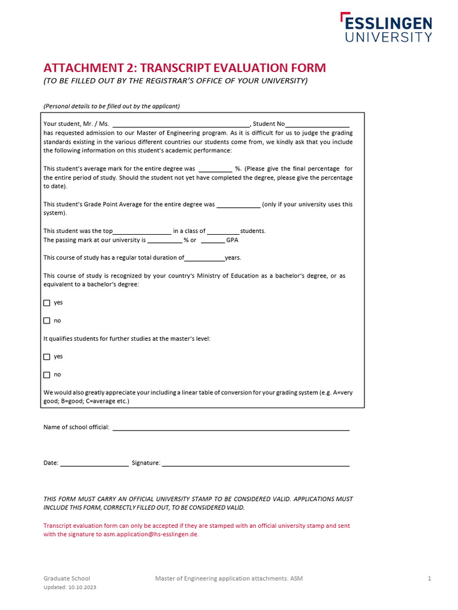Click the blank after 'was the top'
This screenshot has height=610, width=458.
tap(142, 232)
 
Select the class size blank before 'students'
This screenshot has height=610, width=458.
tap(224, 232)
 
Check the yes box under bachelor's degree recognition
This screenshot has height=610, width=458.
tap(47, 303)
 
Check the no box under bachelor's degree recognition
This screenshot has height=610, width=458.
tap(47, 320)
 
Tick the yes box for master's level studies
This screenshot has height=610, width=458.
tap(47, 357)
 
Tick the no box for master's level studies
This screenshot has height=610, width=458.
tap(47, 375)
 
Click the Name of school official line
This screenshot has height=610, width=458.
tap(231, 428)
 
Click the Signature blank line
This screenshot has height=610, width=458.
tap(255, 463)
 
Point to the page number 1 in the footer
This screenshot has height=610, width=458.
tap(429, 578)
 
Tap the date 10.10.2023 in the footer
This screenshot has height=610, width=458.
tap(82, 587)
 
